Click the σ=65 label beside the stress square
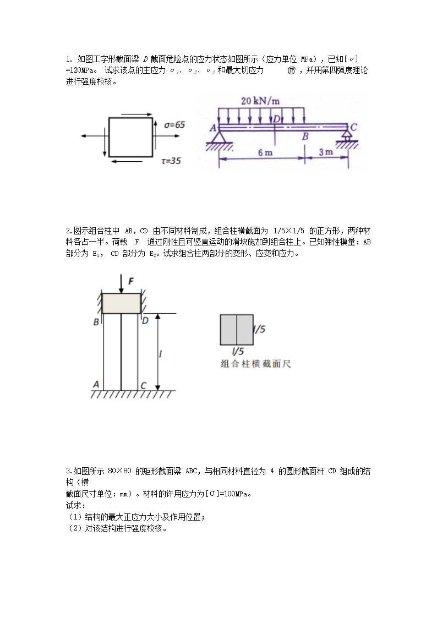pyautogui.click(x=174, y=125)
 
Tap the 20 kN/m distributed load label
pyautogui.click(x=259, y=101)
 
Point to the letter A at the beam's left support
pyautogui.click(x=212, y=128)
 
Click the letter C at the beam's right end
pyautogui.click(x=353, y=127)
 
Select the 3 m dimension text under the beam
pyautogui.click(x=325, y=152)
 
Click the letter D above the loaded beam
pyautogui.click(x=277, y=119)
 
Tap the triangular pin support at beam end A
pyautogui.click(x=220, y=136)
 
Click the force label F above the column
pyautogui.click(x=131, y=281)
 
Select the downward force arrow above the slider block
pyautogui.click(x=121, y=285)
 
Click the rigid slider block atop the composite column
pyautogui.click(x=121, y=304)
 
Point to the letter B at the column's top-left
pyautogui.click(x=96, y=322)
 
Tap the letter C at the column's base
pyautogui.click(x=143, y=386)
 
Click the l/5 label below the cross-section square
pyautogui.click(x=238, y=351)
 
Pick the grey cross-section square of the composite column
pyautogui.click(x=237, y=330)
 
